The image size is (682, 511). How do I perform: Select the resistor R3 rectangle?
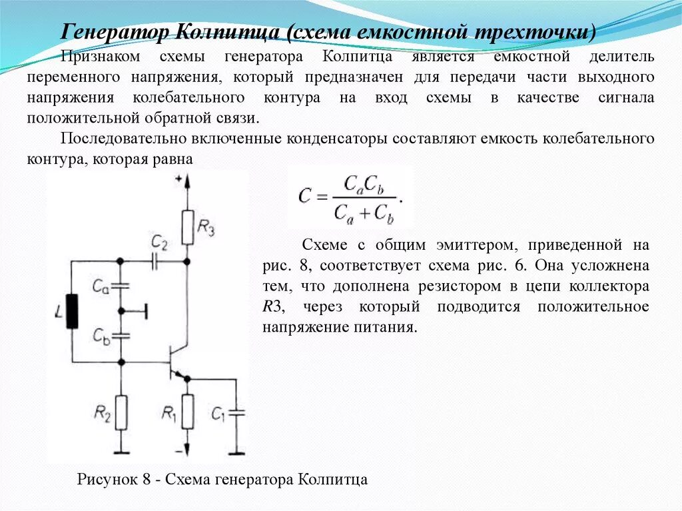tap(188, 226)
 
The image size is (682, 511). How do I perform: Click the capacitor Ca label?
tap(101, 287)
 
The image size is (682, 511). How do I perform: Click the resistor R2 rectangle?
tap(121, 412)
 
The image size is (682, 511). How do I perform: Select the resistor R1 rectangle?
tap(188, 412)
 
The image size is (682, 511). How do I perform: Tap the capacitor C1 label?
tap(218, 414)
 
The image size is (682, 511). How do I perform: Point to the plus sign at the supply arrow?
tap(178, 179)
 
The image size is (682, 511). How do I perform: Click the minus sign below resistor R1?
tap(178, 448)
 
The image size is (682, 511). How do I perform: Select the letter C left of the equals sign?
tap(305, 196)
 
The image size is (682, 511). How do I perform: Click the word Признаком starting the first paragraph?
tap(95, 57)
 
